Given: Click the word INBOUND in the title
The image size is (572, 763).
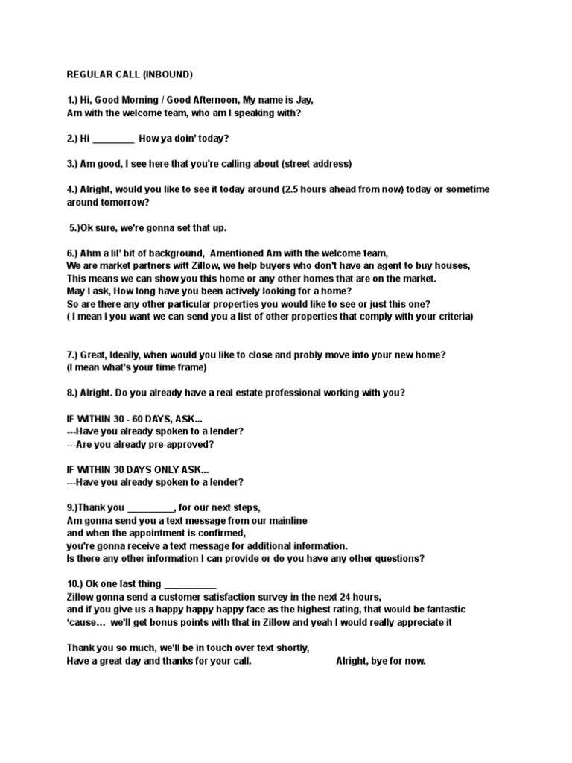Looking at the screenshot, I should (x=168, y=75).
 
